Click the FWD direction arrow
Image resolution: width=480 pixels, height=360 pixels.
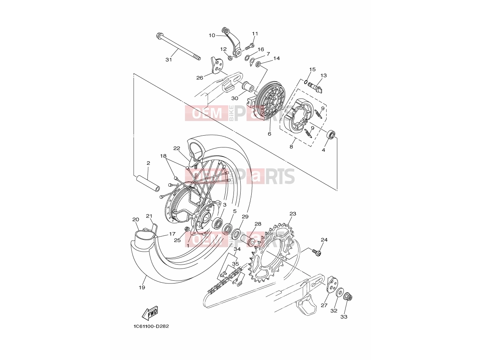pos(150,313)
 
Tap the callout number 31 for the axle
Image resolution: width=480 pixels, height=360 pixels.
pos(168,60)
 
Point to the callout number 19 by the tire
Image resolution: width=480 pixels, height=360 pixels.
pos(142,287)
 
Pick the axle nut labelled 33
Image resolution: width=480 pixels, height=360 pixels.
pos(348,297)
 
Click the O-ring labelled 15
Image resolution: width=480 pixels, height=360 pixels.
pos(306,82)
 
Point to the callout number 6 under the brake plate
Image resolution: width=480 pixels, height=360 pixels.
pos(269,134)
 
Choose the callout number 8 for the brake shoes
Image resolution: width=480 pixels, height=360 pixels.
pos(291,147)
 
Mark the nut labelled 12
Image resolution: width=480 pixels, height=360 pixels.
pos(230,58)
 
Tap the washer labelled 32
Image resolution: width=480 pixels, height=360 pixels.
pos(340,293)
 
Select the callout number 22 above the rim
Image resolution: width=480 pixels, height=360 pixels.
pos(177,148)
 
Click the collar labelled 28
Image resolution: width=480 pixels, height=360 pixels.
pos(248,240)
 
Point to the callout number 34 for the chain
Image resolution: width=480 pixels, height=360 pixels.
pos(237,249)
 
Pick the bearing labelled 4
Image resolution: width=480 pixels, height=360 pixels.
pos(331,134)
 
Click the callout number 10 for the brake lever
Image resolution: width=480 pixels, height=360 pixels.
pos(212,35)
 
